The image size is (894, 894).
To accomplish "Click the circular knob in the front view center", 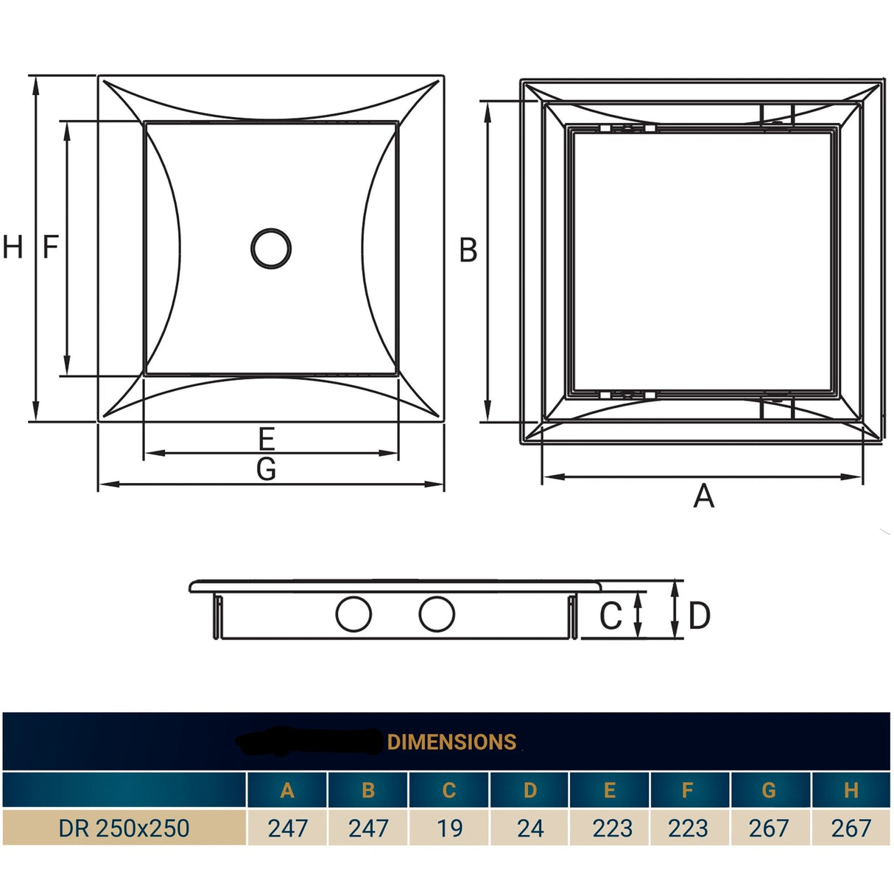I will (x=271, y=248).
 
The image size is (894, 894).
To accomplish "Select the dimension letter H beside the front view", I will (x=13, y=247).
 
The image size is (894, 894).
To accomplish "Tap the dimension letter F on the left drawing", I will (x=50, y=247).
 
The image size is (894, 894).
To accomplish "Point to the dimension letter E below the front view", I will (x=267, y=439).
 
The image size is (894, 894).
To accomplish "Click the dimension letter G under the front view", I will (x=267, y=469).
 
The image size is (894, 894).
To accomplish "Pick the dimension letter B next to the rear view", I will (x=468, y=250).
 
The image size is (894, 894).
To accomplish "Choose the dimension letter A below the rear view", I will (x=703, y=496).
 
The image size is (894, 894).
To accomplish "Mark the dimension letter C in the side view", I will (x=610, y=616).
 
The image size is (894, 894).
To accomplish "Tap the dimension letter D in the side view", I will (x=699, y=616).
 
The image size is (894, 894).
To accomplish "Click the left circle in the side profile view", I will (x=353, y=614).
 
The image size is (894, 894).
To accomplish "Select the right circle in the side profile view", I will (x=437, y=614).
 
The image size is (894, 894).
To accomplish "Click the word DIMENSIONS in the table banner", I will (x=451, y=742).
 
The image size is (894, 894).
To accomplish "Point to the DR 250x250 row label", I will (x=124, y=828).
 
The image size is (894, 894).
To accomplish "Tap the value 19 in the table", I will (x=449, y=828).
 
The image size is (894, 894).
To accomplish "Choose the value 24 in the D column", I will (x=530, y=828).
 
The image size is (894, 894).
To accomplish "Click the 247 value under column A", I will (x=287, y=828).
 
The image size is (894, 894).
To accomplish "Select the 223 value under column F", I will (x=688, y=828).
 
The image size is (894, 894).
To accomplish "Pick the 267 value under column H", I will (x=851, y=828).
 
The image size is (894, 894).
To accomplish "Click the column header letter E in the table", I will (x=610, y=790).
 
